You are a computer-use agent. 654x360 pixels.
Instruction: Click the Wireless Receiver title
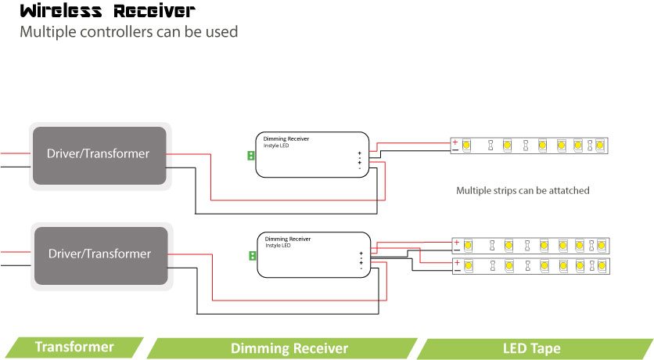[107, 12]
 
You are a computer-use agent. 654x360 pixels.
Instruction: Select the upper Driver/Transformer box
[98, 154]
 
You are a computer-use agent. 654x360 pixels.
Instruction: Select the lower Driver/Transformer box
[99, 254]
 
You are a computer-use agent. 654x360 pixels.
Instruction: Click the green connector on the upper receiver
[250, 156]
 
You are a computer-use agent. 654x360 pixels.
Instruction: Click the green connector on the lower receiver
[252, 256]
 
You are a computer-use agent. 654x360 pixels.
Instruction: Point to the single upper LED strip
[529, 145]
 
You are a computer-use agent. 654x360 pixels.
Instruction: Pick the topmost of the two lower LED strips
[530, 245]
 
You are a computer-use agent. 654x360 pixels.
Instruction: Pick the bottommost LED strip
[530, 265]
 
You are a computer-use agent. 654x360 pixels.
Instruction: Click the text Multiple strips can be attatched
[523, 190]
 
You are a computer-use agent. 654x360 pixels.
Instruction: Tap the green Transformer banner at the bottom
[74, 347]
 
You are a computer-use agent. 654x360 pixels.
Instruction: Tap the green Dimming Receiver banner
[289, 347]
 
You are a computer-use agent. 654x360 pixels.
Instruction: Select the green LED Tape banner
[531, 347]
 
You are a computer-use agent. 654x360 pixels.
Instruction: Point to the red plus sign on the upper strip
[455, 142]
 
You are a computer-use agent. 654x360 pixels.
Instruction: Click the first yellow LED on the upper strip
[465, 146]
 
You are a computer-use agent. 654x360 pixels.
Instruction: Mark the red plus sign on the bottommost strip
[457, 262]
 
